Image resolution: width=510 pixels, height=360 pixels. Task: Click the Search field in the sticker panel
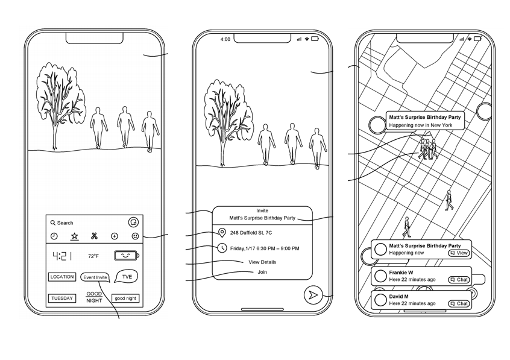pyautogui.click(x=65, y=223)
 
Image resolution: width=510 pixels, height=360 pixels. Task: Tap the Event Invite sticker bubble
pyautogui.click(x=95, y=277)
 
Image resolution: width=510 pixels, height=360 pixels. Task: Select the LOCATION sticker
pyautogui.click(x=62, y=277)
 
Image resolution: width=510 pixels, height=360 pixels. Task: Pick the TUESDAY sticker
pyautogui.click(x=62, y=298)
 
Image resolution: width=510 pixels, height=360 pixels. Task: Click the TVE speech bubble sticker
pyautogui.click(x=127, y=277)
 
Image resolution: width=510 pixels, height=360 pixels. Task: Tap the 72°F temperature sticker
pyautogui.click(x=93, y=256)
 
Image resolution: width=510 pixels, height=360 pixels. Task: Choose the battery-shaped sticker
pyautogui.click(x=127, y=256)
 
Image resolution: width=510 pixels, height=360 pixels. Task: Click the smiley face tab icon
pyautogui.click(x=135, y=236)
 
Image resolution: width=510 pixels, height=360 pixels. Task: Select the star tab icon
pyautogui.click(x=75, y=236)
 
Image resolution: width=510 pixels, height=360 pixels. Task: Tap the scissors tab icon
pyautogui.click(x=95, y=236)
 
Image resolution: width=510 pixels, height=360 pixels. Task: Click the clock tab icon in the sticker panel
pyautogui.click(x=54, y=236)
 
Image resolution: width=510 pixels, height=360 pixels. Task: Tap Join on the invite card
pyautogui.click(x=262, y=272)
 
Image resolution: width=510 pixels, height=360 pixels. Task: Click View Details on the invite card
pyautogui.click(x=262, y=262)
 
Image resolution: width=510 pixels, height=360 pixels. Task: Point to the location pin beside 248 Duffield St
pyautogui.click(x=222, y=233)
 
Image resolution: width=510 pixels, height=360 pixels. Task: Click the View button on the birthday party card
pyautogui.click(x=459, y=253)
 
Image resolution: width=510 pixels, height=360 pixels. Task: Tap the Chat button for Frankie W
pyautogui.click(x=459, y=280)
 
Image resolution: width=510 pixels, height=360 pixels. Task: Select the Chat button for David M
pyautogui.click(x=459, y=304)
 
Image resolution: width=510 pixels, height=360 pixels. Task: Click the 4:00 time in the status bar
pyautogui.click(x=225, y=40)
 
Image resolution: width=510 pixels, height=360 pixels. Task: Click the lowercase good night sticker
pyautogui.click(x=125, y=298)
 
